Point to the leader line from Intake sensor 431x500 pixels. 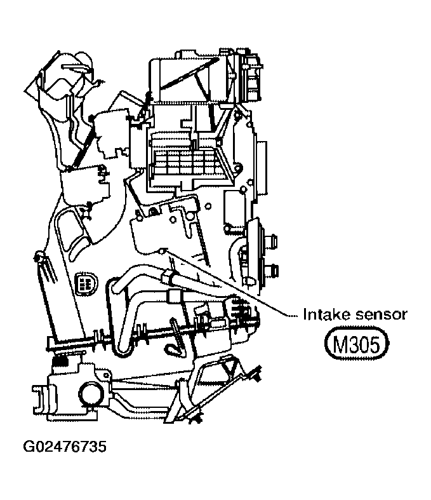(235, 285)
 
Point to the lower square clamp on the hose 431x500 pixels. (173, 296)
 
